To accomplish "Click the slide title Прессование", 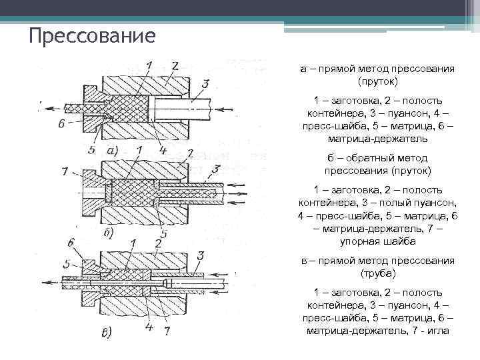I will point(92,34).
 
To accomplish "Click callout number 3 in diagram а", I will point(205,83).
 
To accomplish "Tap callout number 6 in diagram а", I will point(61,124).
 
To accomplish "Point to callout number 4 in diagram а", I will point(163,150).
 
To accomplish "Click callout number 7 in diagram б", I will point(64,172).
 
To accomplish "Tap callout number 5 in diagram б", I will point(164,235).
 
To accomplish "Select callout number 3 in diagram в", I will point(200,255).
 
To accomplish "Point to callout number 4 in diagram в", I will point(149,327).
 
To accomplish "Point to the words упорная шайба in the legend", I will point(377,241).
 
